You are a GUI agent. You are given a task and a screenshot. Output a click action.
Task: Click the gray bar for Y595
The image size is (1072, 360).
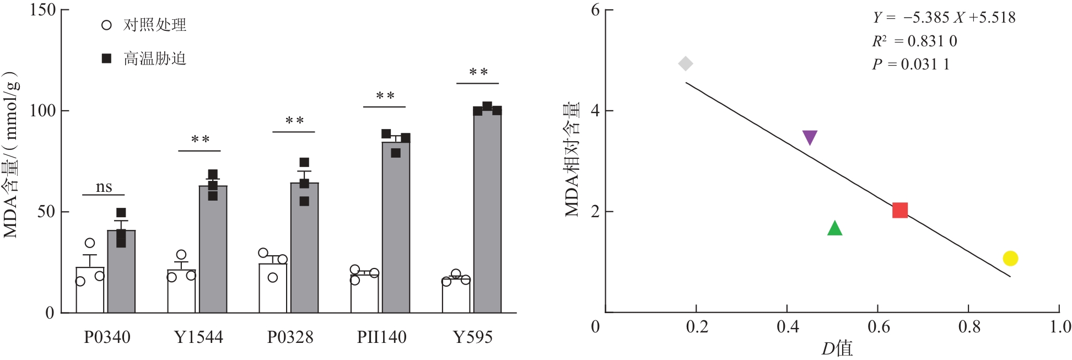(487, 212)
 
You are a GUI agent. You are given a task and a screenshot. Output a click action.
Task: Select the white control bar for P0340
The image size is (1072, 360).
(90, 290)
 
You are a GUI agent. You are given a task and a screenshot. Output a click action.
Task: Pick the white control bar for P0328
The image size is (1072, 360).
(273, 288)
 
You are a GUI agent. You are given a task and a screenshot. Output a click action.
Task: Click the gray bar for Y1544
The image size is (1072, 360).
(213, 249)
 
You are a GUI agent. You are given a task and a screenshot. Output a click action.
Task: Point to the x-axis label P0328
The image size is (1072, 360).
(290, 337)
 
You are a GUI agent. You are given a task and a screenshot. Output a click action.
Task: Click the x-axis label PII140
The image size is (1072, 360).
(381, 337)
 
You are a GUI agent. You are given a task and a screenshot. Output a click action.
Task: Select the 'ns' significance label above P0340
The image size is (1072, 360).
(104, 187)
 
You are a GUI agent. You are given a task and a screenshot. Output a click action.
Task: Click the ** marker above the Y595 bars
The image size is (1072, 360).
(478, 72)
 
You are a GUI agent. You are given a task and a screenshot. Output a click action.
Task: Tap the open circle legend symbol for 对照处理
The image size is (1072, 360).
(107, 25)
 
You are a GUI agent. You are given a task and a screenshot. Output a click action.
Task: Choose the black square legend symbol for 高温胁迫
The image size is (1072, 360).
(107, 58)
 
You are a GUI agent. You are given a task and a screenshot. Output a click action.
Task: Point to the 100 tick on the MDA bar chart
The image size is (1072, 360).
(42, 110)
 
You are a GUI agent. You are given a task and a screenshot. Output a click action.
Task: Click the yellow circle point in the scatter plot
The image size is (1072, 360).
(1010, 258)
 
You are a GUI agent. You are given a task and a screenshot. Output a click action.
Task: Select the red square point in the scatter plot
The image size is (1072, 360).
(900, 210)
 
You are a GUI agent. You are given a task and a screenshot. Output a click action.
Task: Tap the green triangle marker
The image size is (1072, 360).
(835, 228)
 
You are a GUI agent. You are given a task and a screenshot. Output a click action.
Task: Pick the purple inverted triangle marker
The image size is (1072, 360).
(810, 137)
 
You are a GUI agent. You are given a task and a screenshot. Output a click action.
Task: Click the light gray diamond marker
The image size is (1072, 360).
(685, 64)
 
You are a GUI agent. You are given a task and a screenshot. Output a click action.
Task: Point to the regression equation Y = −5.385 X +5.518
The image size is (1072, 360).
(944, 18)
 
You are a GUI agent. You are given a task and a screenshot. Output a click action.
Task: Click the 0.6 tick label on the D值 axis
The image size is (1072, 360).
(879, 327)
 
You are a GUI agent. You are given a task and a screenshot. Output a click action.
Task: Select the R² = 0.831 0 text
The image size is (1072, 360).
(914, 41)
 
